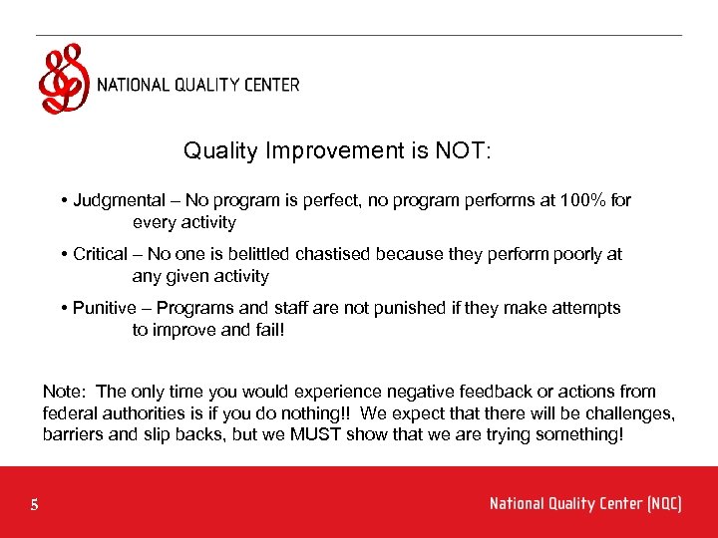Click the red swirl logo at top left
63,80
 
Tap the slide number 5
35,505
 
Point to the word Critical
101,254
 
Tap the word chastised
409,254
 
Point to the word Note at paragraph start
64,392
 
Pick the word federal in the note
68,413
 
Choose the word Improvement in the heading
336,151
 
